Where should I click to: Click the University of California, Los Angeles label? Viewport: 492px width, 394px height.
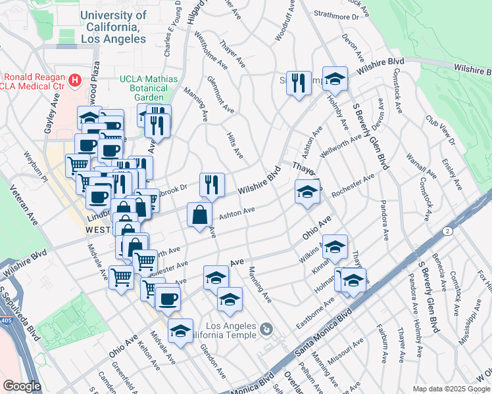pyautogui.click(x=113, y=27)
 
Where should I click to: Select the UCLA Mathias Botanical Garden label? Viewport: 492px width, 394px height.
pyautogui.click(x=149, y=88)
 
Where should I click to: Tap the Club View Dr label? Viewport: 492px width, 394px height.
pyautogui.click(x=441, y=131)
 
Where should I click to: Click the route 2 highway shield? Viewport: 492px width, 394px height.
pyautogui.click(x=447, y=231)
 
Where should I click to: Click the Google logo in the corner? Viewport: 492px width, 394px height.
pyautogui.click(x=22, y=386)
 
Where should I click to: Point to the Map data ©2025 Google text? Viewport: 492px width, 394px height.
pyautogui.click(x=451, y=389)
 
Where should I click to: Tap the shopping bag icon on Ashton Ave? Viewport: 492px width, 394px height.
pyautogui.click(x=199, y=215)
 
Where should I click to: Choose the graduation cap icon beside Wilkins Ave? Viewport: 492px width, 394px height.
pyautogui.click(x=335, y=247)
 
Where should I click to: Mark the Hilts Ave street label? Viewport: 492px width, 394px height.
pyautogui.click(x=235, y=144)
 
